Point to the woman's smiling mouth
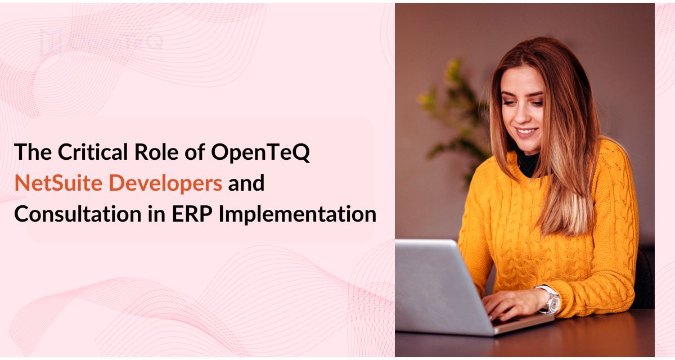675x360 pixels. pyautogui.click(x=527, y=133)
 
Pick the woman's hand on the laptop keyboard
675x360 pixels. pyautogui.click(x=509, y=307)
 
